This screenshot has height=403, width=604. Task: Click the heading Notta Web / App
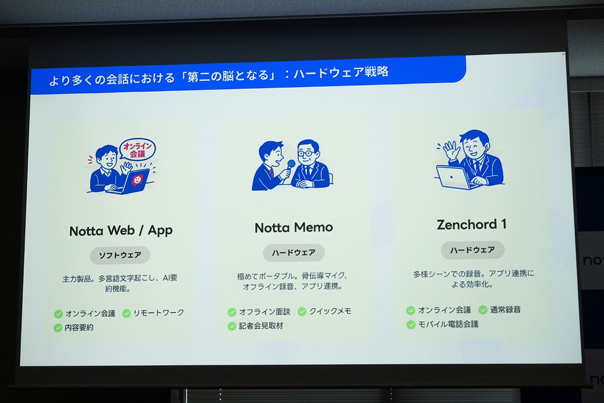click(x=121, y=231)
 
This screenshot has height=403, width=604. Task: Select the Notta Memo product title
click(x=293, y=228)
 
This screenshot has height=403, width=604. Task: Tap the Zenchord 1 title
click(x=471, y=225)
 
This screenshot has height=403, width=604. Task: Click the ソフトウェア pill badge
click(x=120, y=255)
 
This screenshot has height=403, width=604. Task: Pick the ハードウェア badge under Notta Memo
click(x=293, y=253)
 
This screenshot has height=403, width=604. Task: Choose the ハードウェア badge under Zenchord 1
click(x=473, y=250)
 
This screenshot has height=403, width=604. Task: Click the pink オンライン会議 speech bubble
click(x=137, y=150)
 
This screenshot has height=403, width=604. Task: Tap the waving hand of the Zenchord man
click(x=450, y=150)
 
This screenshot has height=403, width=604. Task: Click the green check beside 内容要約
click(x=58, y=328)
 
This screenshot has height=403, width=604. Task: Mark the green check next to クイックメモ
click(x=302, y=312)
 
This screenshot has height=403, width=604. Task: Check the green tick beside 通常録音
click(x=483, y=310)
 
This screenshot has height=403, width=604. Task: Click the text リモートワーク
click(x=159, y=312)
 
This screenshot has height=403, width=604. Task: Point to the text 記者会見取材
click(x=261, y=326)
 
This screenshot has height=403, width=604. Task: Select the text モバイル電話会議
click(x=448, y=324)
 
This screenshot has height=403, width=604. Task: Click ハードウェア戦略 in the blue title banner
click(x=341, y=73)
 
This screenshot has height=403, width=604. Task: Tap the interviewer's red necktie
click(x=271, y=173)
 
